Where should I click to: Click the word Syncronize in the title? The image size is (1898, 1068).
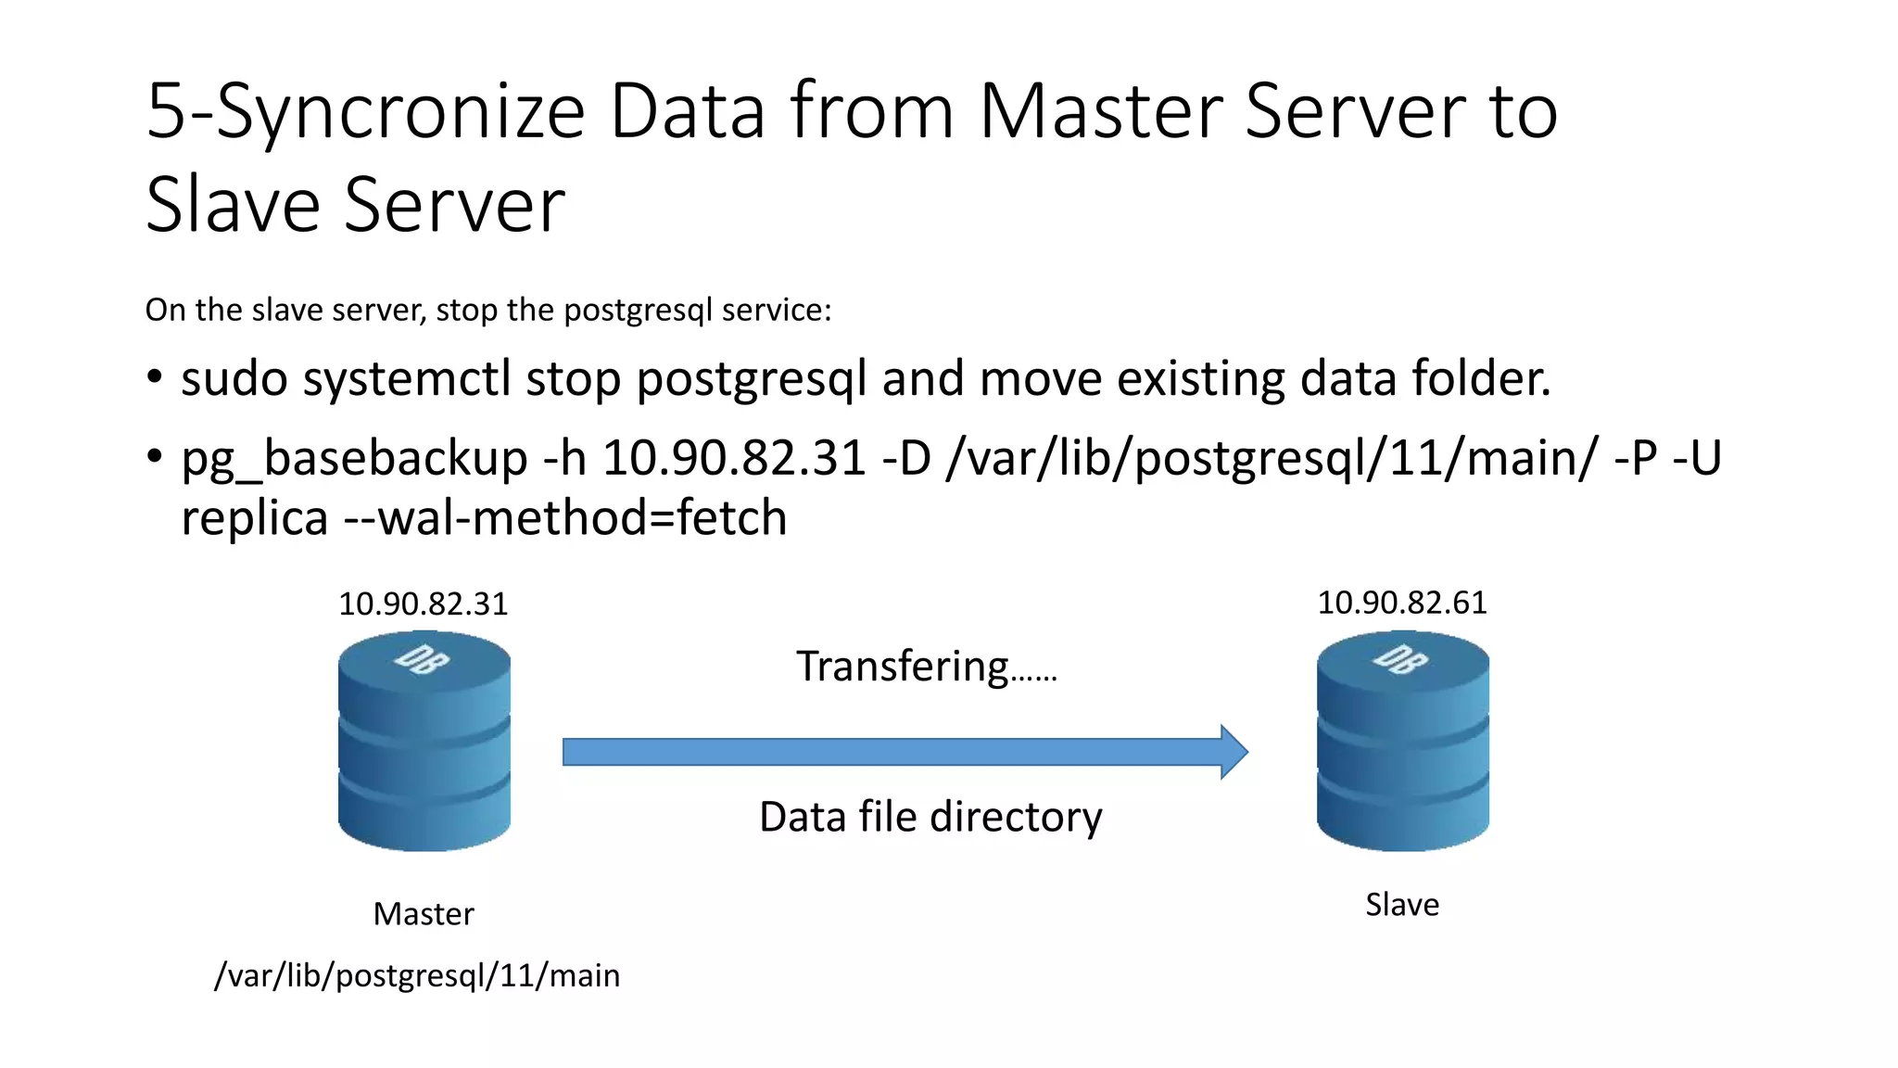(x=400, y=113)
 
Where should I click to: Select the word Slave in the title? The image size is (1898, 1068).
(x=232, y=206)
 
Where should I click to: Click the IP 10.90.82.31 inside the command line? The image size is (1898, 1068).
(x=734, y=459)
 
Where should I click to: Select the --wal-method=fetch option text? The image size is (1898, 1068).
(x=565, y=518)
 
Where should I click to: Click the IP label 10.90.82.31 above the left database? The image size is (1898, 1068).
(x=423, y=604)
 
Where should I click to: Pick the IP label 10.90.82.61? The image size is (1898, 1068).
(x=1401, y=604)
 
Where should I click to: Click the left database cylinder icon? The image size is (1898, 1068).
(x=424, y=742)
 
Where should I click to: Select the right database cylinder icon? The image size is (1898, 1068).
(x=1402, y=742)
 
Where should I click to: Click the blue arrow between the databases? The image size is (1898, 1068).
(x=905, y=752)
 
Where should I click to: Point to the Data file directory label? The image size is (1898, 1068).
(x=930, y=818)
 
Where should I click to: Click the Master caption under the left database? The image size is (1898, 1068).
(x=424, y=914)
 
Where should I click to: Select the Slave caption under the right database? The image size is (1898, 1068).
(x=1402, y=905)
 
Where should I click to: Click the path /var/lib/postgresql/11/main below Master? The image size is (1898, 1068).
(x=417, y=976)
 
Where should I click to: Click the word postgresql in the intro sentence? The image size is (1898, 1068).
(x=639, y=311)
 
